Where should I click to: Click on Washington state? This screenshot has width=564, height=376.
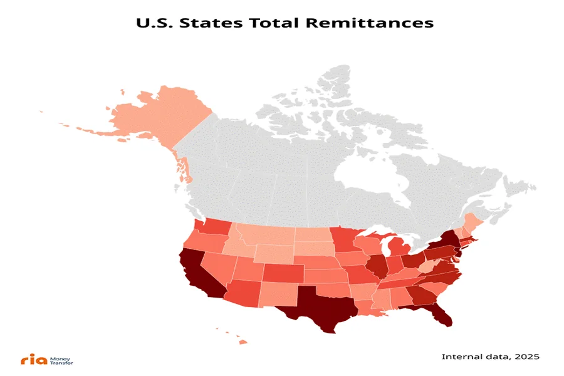213,227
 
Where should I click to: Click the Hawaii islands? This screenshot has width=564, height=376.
241,341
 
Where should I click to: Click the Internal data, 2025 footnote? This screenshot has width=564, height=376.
490,357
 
